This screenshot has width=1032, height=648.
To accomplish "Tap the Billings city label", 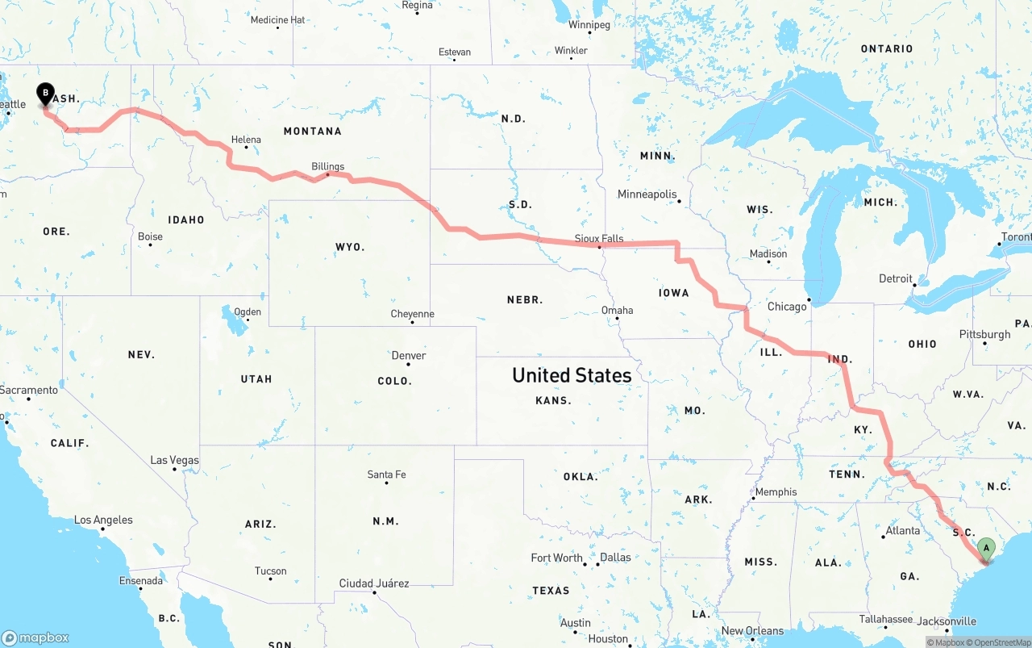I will [328, 166].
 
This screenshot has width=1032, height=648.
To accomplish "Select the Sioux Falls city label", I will [599, 238].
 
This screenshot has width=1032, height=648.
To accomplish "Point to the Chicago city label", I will [787, 307].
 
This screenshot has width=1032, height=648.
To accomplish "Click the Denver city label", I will [409, 355].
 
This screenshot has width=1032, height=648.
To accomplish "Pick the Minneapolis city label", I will [647, 194].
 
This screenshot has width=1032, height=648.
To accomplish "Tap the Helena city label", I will [246, 140].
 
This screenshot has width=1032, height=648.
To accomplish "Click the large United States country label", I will [572, 375].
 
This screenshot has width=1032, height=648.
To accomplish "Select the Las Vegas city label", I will [174, 460].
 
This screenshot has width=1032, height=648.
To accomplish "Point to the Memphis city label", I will [776, 492].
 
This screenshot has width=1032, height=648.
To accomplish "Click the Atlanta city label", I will [903, 530].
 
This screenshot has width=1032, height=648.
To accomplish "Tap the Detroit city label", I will [896, 278].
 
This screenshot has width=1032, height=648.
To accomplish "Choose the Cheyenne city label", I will [412, 314].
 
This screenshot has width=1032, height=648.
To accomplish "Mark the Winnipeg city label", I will [589, 25].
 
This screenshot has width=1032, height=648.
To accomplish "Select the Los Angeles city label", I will [103, 520].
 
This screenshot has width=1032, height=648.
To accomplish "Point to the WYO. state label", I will [350, 247].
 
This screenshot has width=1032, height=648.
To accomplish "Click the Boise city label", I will [150, 236].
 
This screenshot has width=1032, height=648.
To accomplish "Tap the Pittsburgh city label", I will [984, 334].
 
